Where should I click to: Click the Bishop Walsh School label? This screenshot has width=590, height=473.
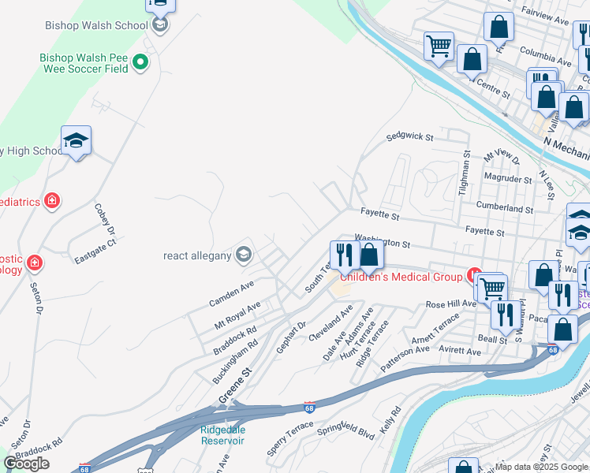click(97, 25)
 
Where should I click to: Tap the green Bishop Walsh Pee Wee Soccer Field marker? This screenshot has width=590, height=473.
click(140, 61)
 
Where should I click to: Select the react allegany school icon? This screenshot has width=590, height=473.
click(244, 253)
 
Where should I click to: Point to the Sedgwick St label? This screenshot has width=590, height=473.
click(409, 137)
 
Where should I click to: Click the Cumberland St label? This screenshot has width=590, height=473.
click(505, 209)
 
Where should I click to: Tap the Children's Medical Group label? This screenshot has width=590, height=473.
click(401, 277)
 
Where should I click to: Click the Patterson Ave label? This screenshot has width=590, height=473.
click(405, 358)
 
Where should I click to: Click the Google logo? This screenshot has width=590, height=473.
click(27, 464)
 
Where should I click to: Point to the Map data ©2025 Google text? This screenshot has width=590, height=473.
click(542, 467)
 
